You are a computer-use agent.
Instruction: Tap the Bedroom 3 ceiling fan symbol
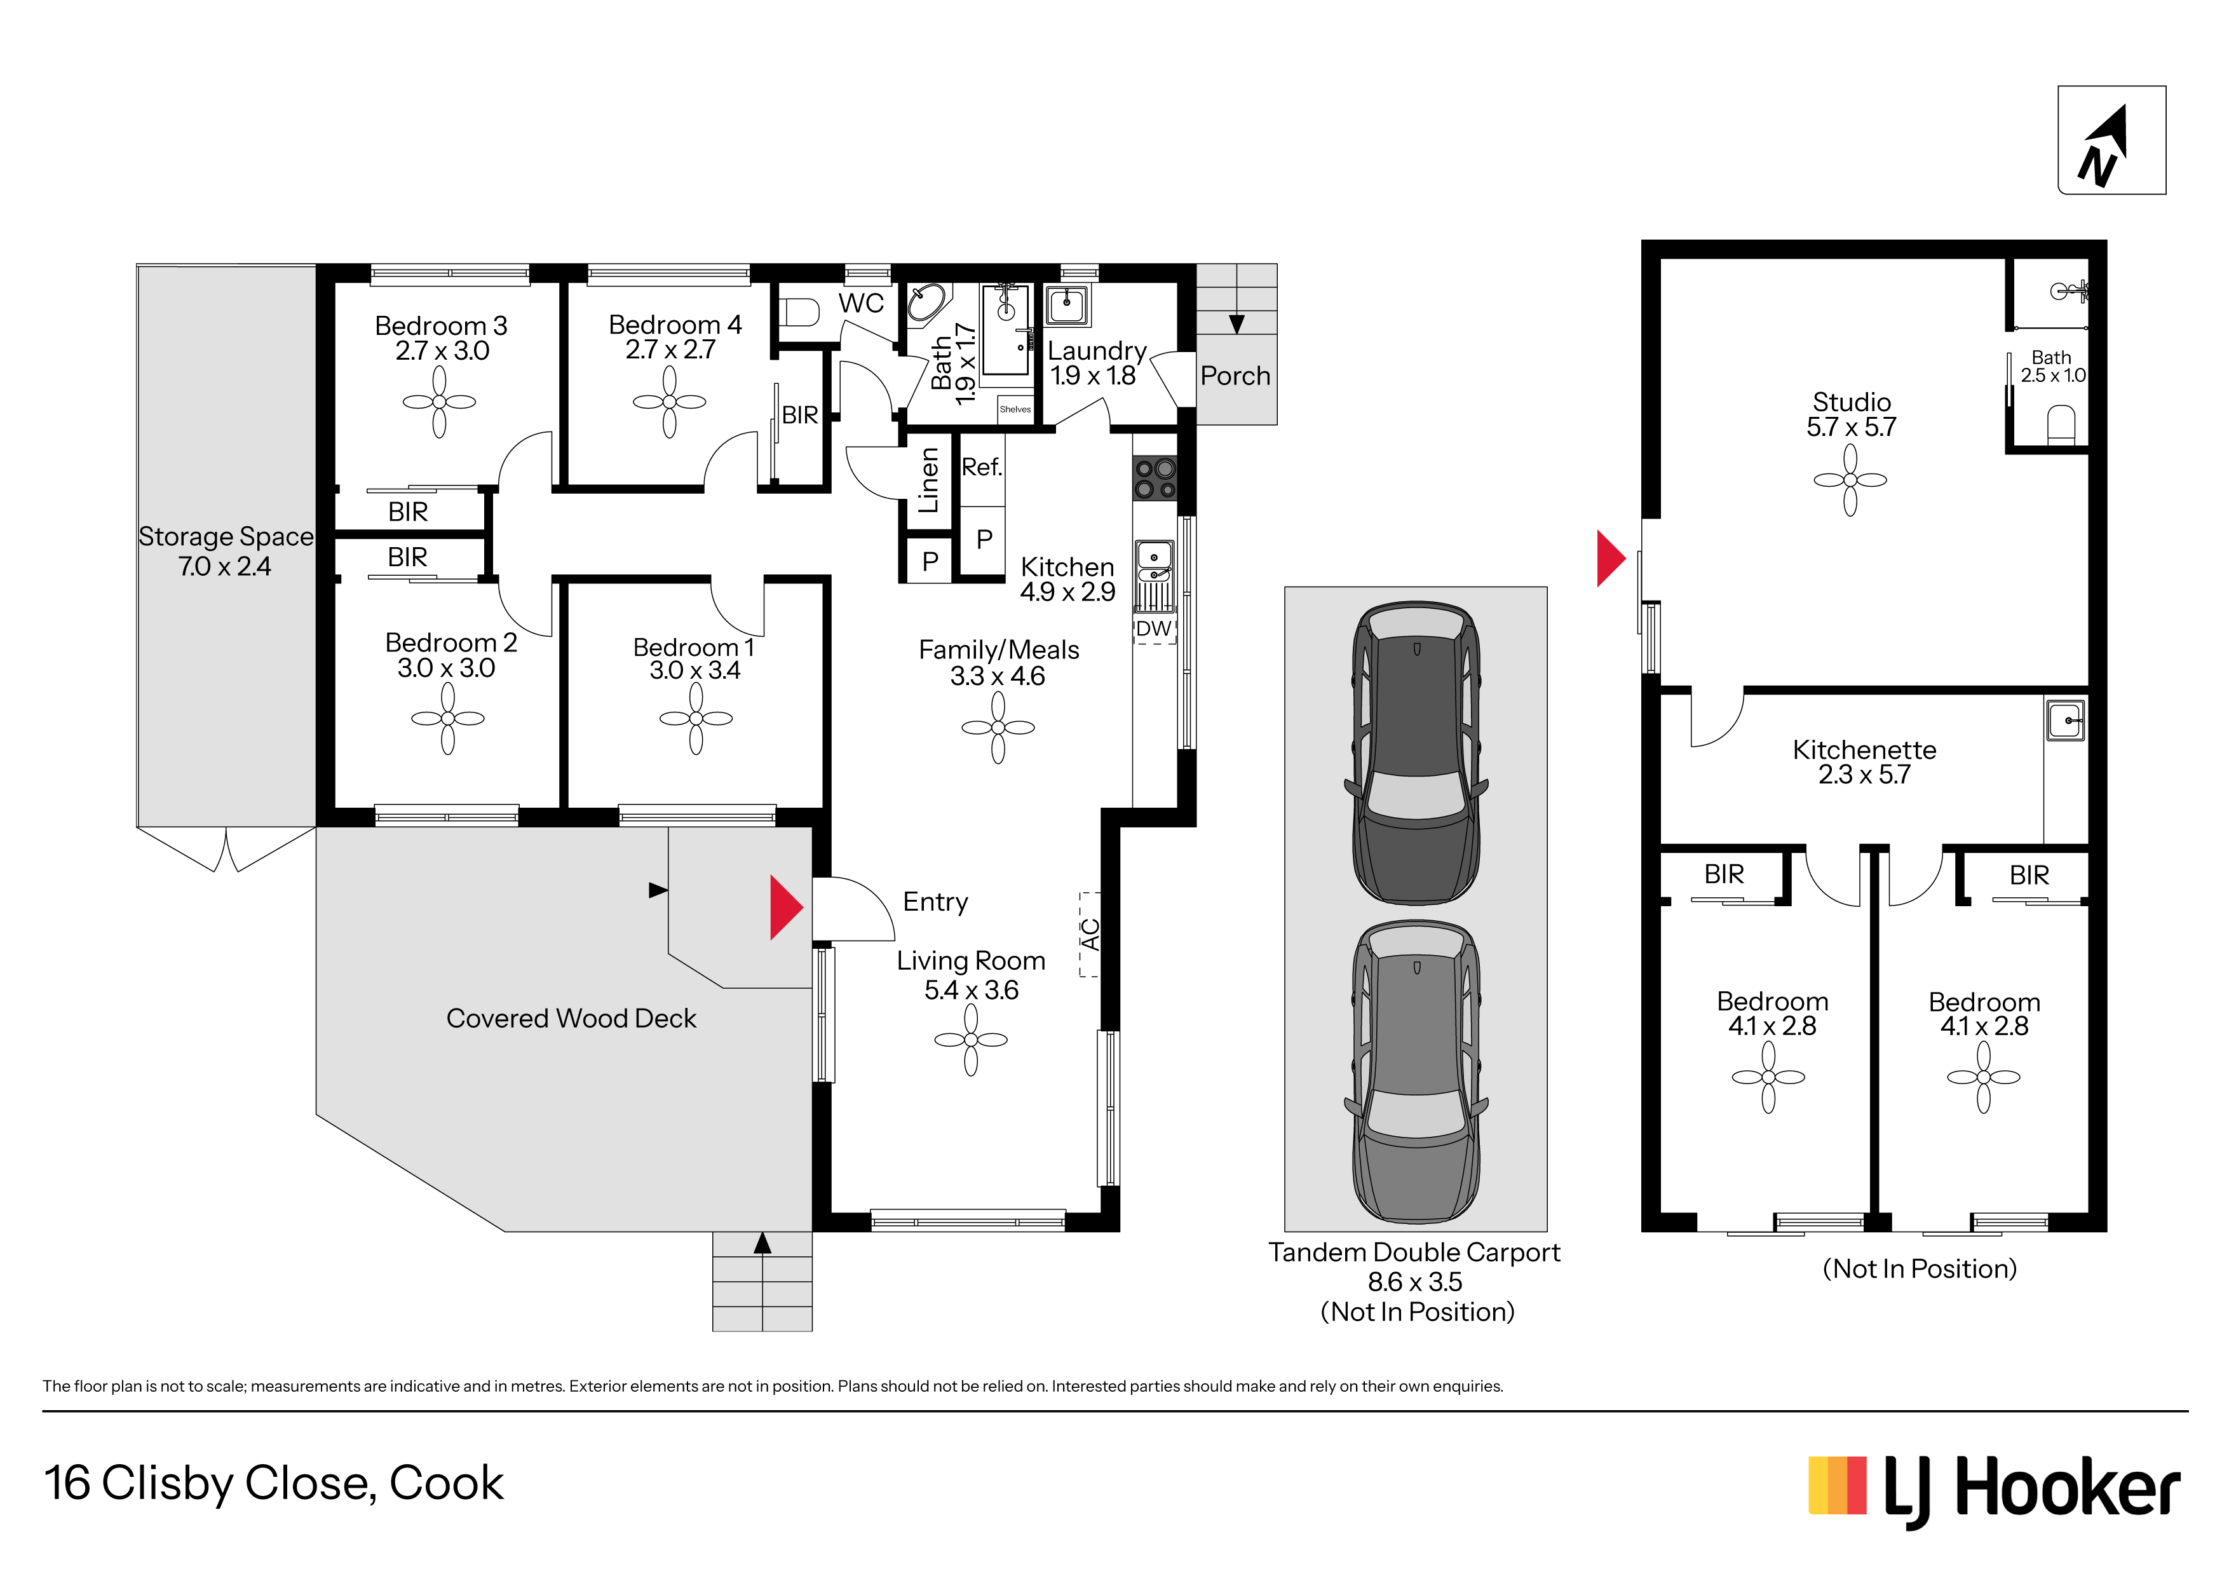(440, 402)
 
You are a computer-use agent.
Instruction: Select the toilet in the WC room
(801, 311)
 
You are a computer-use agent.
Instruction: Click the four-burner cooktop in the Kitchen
(1155, 478)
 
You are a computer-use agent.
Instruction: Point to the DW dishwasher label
(1153, 629)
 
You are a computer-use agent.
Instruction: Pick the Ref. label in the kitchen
(982, 467)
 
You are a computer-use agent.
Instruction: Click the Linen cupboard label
(929, 480)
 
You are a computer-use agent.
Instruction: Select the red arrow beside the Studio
(1611, 559)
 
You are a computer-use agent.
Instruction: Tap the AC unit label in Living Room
(1090, 934)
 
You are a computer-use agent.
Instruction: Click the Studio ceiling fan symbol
(1850, 480)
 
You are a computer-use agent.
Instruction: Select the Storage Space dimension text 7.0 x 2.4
(224, 566)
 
